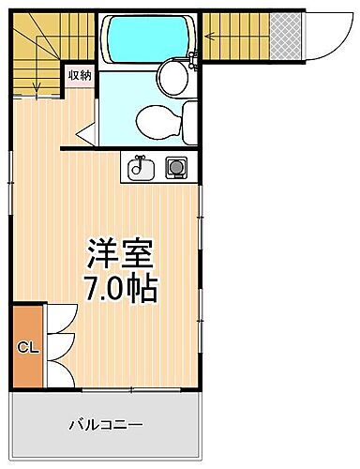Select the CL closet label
click(x=27, y=347)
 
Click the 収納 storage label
click(x=79, y=76)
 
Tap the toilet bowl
click(x=154, y=120)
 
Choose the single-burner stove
click(x=175, y=169)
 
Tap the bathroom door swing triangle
click(x=87, y=135)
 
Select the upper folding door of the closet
click(x=58, y=326)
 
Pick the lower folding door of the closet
click(x=58, y=368)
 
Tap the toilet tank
click(x=188, y=120)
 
